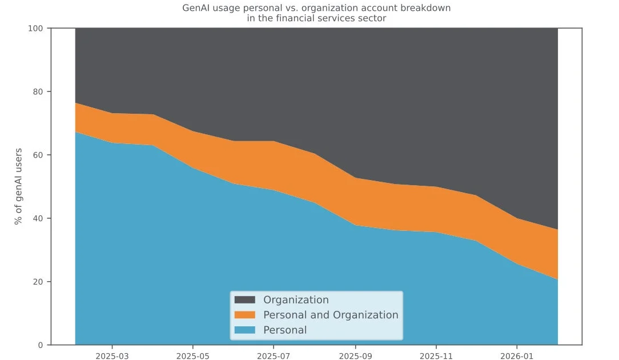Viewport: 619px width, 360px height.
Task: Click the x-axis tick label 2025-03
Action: pos(112,356)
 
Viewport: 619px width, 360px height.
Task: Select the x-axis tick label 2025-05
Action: pos(192,356)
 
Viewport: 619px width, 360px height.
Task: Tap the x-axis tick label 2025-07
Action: pos(274,356)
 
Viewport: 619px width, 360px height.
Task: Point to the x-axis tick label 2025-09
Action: pos(355,356)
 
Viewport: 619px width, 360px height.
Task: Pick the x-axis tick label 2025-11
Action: pos(436,356)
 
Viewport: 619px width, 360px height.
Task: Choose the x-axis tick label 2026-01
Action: pos(517,356)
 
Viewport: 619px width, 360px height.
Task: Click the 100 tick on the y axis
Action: pos(35,29)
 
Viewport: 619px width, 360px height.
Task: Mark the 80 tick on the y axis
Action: pos(38,91)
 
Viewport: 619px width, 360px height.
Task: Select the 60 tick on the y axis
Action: pos(38,155)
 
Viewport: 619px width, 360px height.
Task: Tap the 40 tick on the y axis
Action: pos(38,218)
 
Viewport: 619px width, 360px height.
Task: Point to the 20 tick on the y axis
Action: pos(38,282)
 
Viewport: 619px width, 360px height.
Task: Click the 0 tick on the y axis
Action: pos(41,345)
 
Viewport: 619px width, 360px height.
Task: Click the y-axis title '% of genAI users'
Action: pos(18,186)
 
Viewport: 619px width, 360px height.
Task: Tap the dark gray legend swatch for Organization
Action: pos(245,299)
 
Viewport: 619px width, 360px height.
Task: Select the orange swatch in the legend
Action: pos(245,315)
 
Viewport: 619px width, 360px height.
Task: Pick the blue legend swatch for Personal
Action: pos(245,330)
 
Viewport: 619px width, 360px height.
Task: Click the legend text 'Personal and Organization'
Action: pos(331,315)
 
